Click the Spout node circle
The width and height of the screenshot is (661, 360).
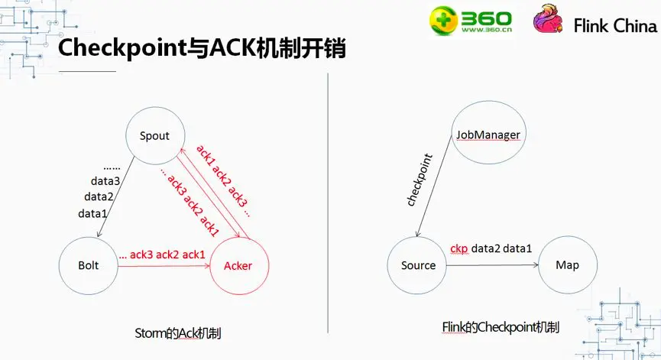pyautogui.click(x=154, y=136)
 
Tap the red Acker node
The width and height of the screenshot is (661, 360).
pyautogui.click(x=238, y=264)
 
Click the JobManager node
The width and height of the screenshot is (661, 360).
pyautogui.click(x=488, y=135)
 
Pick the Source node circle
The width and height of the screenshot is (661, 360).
pyautogui.click(x=418, y=265)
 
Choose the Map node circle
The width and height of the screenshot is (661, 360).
pyautogui.click(x=567, y=265)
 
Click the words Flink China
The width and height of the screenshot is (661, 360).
pyautogui.click(x=614, y=26)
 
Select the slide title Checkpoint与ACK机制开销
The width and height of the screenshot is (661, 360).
pyautogui.click(x=203, y=49)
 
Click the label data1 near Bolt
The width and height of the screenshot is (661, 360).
pyautogui.click(x=92, y=213)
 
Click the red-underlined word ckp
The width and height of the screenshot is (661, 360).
pyautogui.click(x=458, y=248)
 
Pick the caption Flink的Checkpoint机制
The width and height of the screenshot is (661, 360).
pyautogui.click(x=501, y=327)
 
